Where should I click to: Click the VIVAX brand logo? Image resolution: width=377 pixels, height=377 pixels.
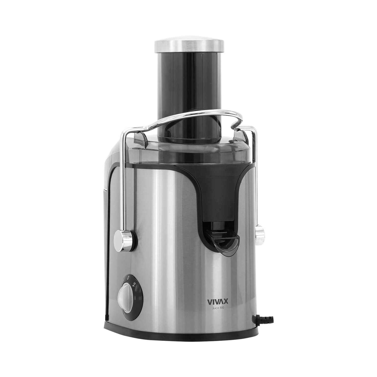pos(214,302)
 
